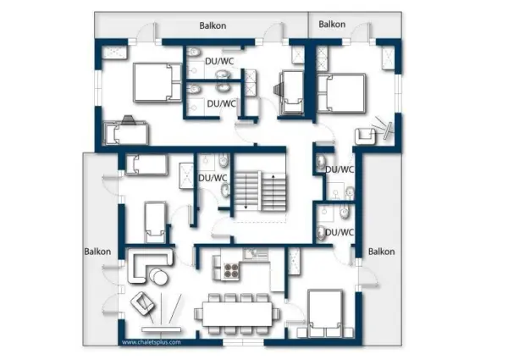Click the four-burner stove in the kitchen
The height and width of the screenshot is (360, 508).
[231, 271]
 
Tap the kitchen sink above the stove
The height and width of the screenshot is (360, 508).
[257, 253]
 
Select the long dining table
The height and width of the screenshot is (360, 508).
[237, 314]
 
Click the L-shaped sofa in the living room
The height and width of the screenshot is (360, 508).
[149, 265]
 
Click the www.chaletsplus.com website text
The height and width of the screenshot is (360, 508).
[152, 342]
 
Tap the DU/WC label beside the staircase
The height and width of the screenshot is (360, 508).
[213, 178]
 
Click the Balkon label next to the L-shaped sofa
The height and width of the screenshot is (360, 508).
[97, 252]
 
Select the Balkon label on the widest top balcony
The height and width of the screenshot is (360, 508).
[213, 25]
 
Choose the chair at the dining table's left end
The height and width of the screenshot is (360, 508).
[197, 314]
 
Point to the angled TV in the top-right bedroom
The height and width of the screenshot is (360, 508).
[388, 131]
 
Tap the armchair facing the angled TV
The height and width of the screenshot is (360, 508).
[366, 136]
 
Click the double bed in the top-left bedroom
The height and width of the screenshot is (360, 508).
[157, 83]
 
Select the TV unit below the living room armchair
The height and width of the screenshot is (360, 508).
[162, 330]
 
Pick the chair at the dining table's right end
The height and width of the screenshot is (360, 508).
[276, 314]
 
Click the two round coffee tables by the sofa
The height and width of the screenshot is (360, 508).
[158, 276]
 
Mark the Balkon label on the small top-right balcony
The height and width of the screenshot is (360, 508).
[332, 25]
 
